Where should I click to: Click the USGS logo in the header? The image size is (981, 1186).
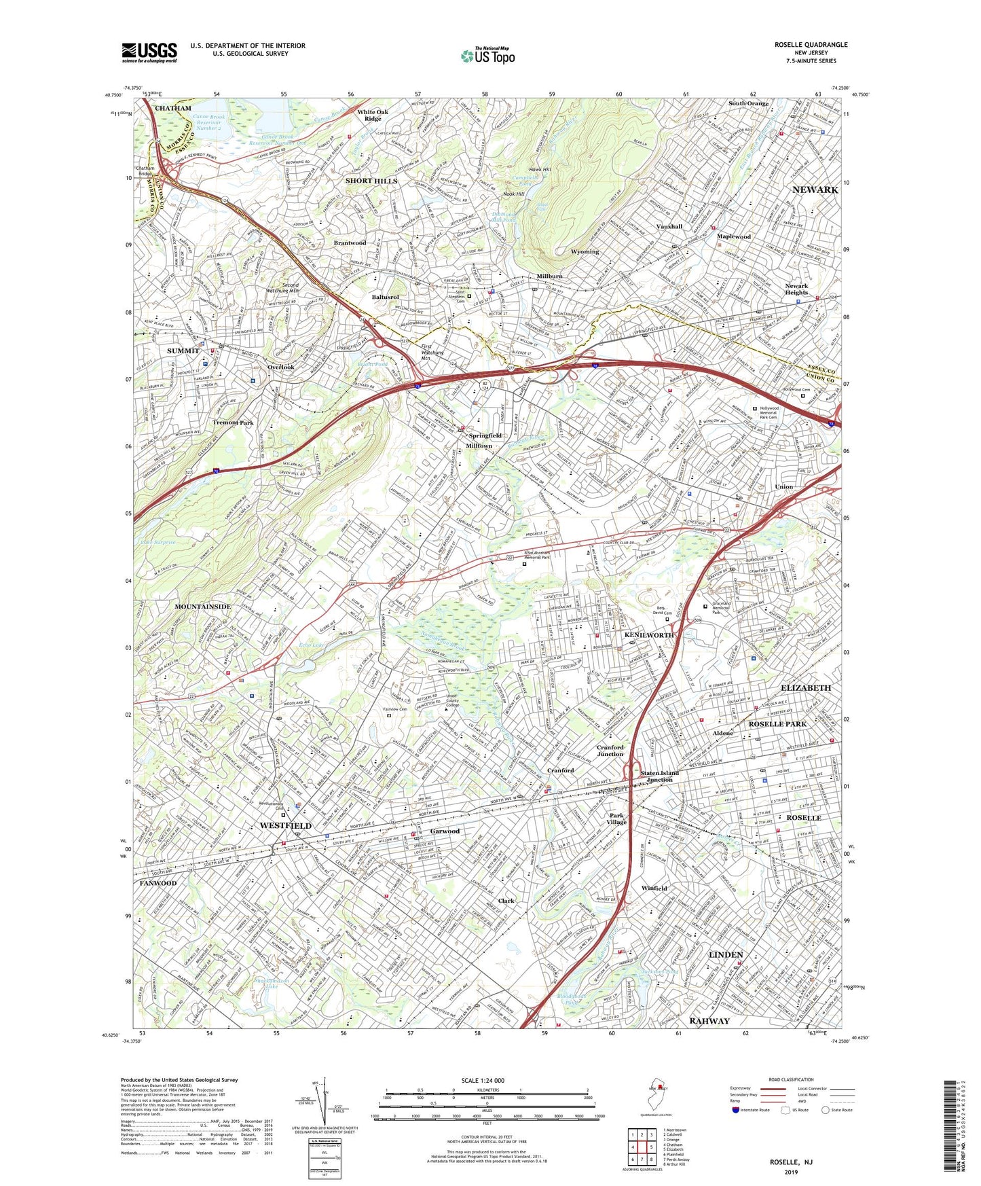pyautogui.click(x=149, y=52)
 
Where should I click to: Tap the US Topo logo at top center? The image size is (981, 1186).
pyautogui.click(x=487, y=56)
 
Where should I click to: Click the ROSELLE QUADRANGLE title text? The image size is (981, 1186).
pyautogui.click(x=811, y=45)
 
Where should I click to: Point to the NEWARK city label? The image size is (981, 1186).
pyautogui.click(x=815, y=190)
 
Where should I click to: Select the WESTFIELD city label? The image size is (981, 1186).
pyautogui.click(x=286, y=825)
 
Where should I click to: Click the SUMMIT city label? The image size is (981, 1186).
pyautogui.click(x=183, y=351)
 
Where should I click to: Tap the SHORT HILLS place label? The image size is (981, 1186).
pyautogui.click(x=371, y=181)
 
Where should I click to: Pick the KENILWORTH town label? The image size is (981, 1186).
pyautogui.click(x=649, y=634)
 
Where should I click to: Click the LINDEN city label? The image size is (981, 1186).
pyautogui.click(x=726, y=954)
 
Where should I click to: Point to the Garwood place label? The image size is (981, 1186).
pyautogui.click(x=445, y=831)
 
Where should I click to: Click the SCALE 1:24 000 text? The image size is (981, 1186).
pyautogui.click(x=483, y=1080)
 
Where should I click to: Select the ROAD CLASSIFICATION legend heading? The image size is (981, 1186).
pyautogui.click(x=791, y=1079)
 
